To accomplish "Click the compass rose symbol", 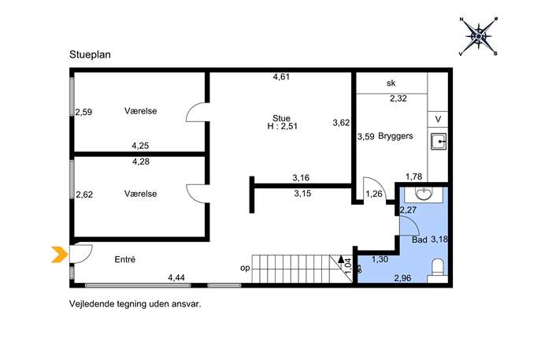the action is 479,36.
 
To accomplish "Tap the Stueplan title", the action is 90,55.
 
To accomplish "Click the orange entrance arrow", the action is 59,254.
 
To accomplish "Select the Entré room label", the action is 125,259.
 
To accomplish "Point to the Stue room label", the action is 281,118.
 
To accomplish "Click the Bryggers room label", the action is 395,135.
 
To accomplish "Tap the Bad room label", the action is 420,239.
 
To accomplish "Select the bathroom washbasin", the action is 424,195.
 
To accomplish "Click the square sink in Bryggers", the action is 438,141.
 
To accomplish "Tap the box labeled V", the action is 438,120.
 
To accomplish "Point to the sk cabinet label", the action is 391,84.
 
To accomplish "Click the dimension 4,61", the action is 281,77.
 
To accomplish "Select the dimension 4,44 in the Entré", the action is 176,277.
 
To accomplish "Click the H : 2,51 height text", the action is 282,126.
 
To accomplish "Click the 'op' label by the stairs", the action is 245,268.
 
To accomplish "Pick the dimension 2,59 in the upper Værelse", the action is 83,112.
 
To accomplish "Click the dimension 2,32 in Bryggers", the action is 398,98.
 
